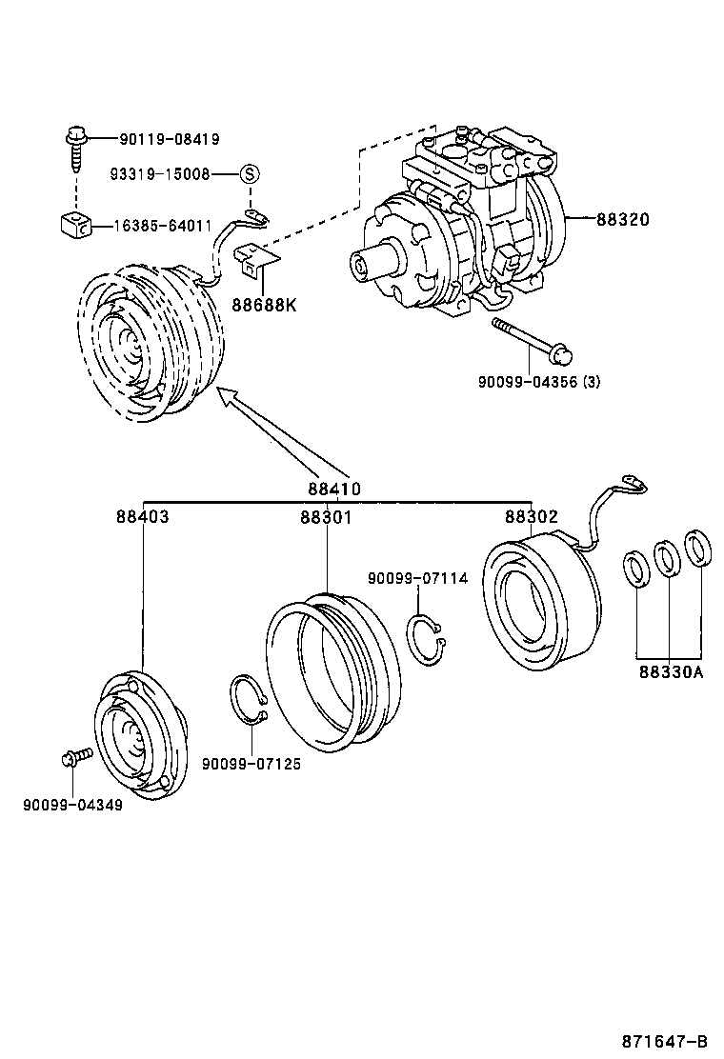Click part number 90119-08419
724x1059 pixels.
tap(169, 139)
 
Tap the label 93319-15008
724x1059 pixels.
tap(159, 174)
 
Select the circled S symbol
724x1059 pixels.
tap(249, 174)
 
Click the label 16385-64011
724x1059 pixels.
tap(163, 226)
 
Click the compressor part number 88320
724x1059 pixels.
tap(622, 219)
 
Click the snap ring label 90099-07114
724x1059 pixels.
tap(418, 578)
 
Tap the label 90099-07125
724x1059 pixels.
tap(251, 764)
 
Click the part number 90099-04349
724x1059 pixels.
tap(72, 805)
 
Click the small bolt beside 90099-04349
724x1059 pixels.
tap(74, 757)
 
